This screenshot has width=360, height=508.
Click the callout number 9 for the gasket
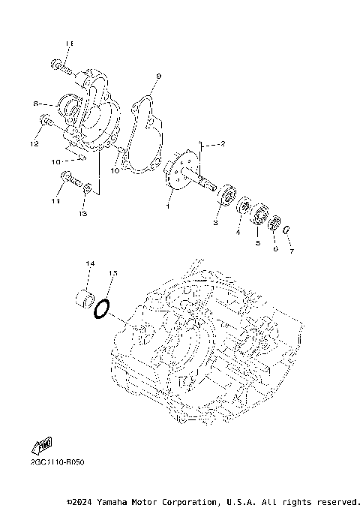point(158,77)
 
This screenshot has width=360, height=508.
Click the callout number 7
point(292,251)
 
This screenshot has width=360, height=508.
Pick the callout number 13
point(83,214)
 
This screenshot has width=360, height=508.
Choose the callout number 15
point(114,273)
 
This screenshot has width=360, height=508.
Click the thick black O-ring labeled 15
point(103,308)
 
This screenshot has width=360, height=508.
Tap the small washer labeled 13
point(89,187)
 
